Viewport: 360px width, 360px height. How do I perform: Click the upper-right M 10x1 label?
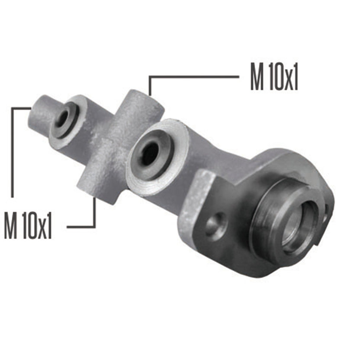click(274, 77)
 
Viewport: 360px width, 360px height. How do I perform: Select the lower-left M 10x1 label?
click(28, 225)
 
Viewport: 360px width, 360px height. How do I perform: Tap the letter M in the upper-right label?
click(257, 77)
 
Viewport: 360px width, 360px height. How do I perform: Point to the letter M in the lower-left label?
click(11, 225)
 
